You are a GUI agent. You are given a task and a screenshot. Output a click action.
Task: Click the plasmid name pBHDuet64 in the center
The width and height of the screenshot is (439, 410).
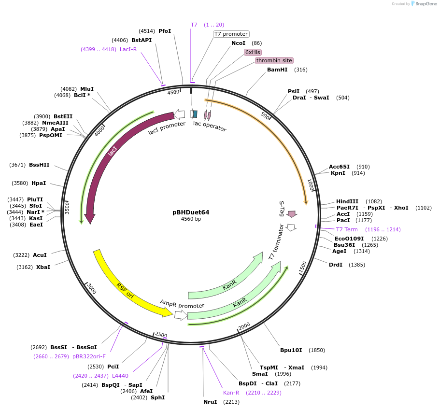coord(191,212)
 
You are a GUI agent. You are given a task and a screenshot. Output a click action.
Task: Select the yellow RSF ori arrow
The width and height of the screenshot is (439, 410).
coord(128,285)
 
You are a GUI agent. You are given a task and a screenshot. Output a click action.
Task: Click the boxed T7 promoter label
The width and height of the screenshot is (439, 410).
coord(231,34)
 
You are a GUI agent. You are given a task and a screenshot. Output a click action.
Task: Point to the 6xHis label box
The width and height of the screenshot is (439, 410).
coord(253,52)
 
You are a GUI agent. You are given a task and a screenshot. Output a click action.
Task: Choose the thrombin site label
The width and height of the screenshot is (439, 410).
coord(274,61)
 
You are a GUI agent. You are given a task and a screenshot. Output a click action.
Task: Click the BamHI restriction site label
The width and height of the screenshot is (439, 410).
coord(277,70)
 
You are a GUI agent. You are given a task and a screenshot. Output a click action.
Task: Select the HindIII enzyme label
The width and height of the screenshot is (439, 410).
coord(347,201)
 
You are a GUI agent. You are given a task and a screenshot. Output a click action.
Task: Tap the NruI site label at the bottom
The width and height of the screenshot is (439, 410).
coord(211,402)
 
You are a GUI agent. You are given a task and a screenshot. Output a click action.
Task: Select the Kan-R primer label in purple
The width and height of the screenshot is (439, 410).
coord(231,393)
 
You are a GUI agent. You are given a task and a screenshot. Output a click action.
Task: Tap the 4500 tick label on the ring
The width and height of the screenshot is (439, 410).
coord(173,92)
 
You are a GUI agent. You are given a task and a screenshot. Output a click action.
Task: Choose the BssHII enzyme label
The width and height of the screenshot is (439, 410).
coord(39,165)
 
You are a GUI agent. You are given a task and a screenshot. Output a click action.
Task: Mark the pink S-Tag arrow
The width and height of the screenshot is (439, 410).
coord(292,213)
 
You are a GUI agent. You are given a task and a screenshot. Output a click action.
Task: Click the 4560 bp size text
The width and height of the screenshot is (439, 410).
coord(191,219)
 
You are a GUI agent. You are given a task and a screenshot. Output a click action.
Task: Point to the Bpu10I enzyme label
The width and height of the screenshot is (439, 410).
coord(291,350)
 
